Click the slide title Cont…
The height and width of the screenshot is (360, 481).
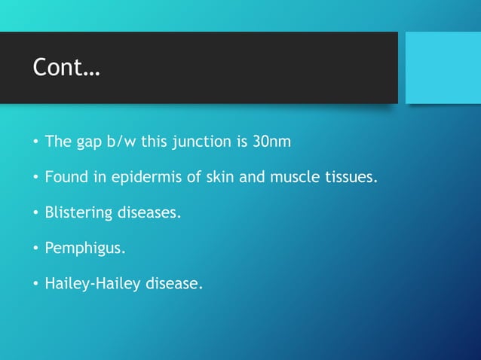pos(66,68)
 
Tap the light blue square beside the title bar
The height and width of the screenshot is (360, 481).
pos(443,68)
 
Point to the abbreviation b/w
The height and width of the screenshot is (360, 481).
pos(124,142)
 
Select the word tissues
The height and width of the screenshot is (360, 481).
pos(351,178)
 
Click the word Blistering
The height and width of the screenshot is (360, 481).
pos(78,214)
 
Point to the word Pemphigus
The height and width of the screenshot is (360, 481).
pos(81,250)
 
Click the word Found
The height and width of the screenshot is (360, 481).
pos(65,178)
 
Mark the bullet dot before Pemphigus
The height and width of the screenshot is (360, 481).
pos(35,249)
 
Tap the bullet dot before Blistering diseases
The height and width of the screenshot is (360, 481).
pos(35,213)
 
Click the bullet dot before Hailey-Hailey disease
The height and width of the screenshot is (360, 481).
pos(35,285)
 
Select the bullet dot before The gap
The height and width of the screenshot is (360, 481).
pos(35,142)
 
